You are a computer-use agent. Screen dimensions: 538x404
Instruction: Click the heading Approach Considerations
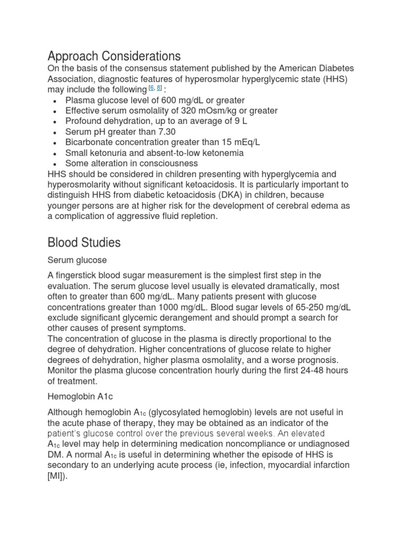[x=114, y=56]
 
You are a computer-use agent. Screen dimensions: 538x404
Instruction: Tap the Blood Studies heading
[x=84, y=242]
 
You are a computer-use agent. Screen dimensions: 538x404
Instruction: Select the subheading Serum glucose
[x=77, y=260]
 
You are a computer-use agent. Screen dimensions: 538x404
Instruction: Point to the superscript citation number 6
[x=150, y=88]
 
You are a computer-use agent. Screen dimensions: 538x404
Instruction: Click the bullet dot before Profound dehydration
[x=56, y=122]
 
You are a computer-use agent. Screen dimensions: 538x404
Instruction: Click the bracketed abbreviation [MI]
[x=57, y=476]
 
